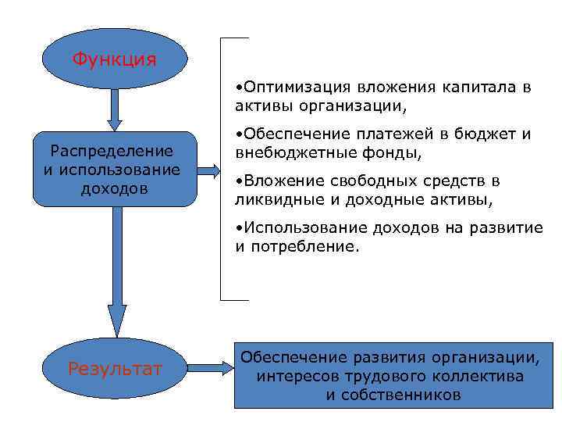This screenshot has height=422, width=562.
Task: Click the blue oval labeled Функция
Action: click(114, 59)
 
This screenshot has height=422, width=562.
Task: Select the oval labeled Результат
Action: click(115, 368)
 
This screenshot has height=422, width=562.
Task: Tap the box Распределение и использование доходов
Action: click(114, 169)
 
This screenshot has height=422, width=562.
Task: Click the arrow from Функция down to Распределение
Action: click(115, 109)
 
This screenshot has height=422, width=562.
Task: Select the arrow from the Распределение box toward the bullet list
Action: click(208, 169)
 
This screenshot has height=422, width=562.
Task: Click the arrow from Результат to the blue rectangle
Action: click(208, 366)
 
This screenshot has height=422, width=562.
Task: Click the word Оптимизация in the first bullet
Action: click(291, 87)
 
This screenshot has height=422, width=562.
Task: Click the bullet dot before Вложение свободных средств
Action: click(238, 181)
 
